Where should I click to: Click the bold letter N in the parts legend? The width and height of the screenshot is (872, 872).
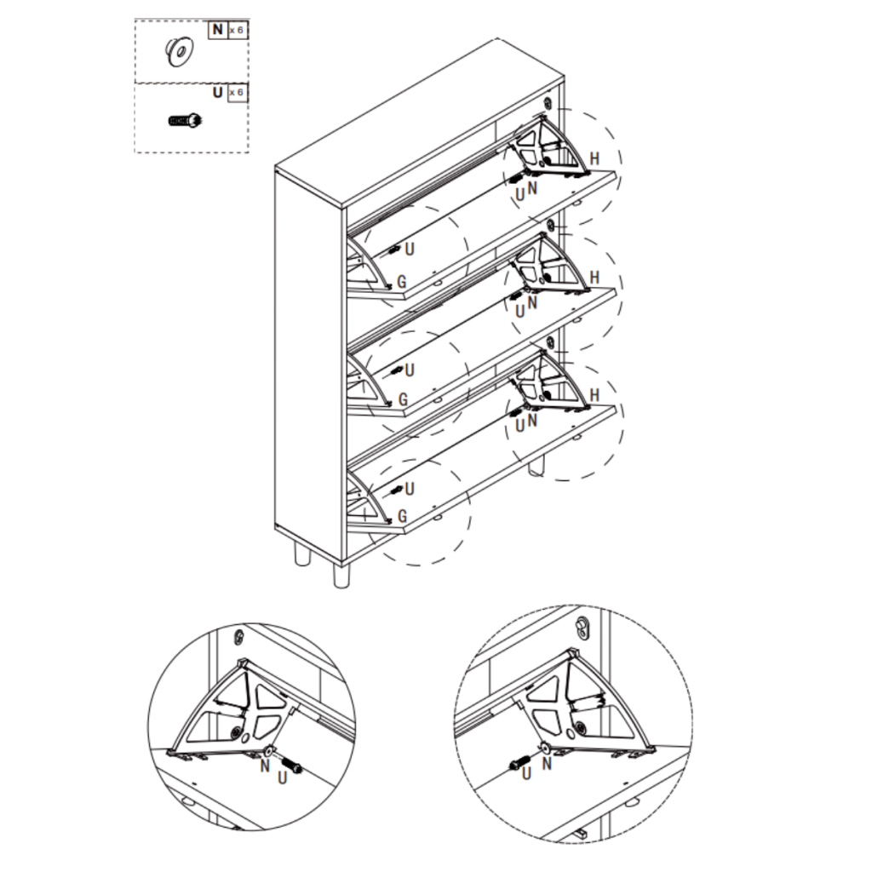pos(217,30)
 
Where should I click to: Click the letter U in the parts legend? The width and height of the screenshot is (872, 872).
pos(217,92)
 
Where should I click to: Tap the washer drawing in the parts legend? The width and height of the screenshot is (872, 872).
pos(179,51)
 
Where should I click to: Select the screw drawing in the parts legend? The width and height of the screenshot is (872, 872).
pos(186,120)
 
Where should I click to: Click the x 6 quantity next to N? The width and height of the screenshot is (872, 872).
pos(237,30)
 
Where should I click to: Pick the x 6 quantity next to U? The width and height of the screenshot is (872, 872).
pos(237,92)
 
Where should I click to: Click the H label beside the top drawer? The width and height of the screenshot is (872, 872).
pos(594,159)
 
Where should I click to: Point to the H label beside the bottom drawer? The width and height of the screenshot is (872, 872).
pos(594,395)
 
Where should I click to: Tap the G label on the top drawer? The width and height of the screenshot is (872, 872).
pos(403,281)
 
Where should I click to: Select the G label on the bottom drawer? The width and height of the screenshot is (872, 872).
pos(403,516)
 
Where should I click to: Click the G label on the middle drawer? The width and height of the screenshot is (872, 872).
pos(403,399)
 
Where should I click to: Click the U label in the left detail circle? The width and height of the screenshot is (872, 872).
pos(283,778)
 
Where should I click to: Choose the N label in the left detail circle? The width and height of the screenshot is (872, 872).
pos(265,766)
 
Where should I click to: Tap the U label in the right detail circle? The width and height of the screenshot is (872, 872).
pos(526,773)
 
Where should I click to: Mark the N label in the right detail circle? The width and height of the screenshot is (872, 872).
pos(547,764)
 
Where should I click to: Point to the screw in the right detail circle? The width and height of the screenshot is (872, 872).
pos(520,761)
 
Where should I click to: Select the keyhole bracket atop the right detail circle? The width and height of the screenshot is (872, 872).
pos(582,626)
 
